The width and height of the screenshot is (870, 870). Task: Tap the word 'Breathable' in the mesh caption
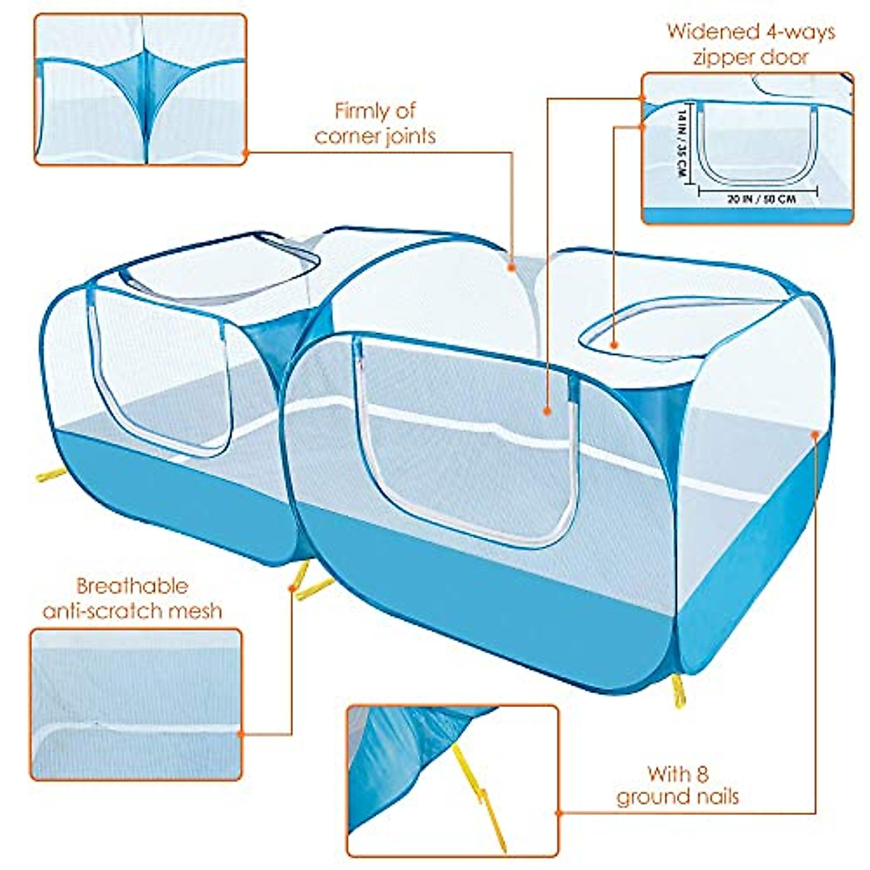[x=132, y=586]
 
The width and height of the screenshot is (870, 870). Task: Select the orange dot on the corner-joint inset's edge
[x=245, y=153]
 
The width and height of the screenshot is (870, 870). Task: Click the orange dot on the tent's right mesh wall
[x=816, y=435]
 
